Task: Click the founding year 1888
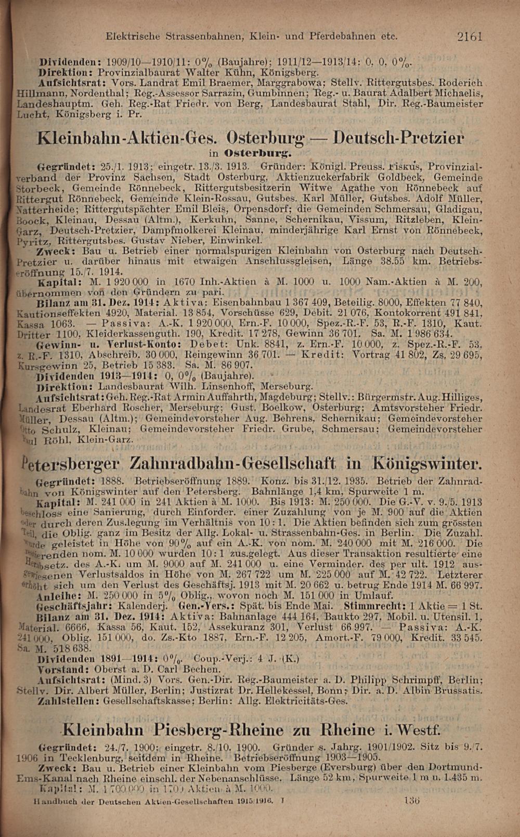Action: click(x=111, y=480)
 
